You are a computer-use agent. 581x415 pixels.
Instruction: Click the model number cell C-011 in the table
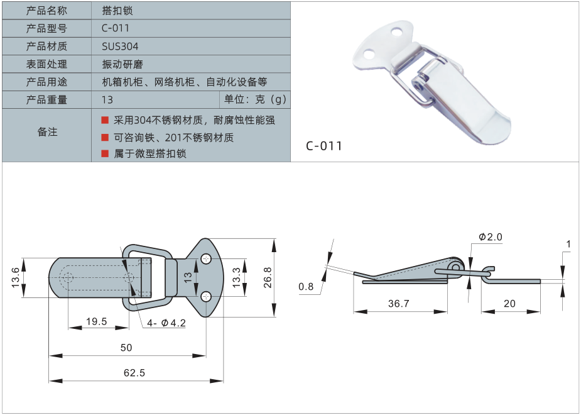(115, 28)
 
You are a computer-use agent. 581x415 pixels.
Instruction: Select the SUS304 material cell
(120, 47)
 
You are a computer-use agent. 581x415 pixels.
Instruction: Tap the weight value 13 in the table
(107, 100)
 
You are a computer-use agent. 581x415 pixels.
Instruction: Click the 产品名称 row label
(46, 11)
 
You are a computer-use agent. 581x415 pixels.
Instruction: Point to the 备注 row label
(46, 132)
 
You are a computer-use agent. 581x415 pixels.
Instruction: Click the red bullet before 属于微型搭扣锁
(104, 153)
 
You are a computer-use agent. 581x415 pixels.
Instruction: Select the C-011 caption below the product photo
(324, 147)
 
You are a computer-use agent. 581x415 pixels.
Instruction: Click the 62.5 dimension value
(134, 373)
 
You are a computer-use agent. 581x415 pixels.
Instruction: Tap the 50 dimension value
(126, 348)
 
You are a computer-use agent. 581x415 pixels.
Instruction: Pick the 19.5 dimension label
(96, 321)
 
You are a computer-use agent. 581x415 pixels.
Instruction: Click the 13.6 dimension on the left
(16, 277)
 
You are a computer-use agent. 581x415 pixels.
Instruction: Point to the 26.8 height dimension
(268, 277)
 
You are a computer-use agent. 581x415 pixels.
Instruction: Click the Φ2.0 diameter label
(491, 237)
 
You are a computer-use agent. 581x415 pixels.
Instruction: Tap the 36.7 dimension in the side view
(398, 304)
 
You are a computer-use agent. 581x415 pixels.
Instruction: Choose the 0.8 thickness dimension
(306, 287)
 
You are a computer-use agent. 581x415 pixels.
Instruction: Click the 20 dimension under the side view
(509, 304)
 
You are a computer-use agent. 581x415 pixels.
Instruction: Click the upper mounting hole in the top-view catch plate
(207, 258)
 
